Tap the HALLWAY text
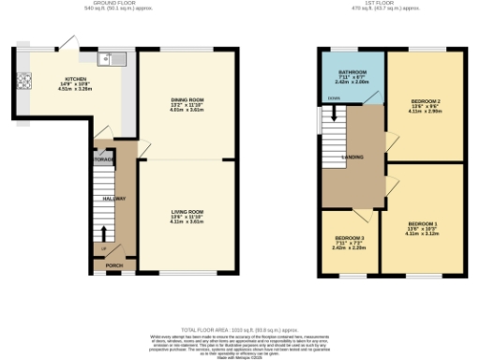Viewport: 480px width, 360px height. (114, 199)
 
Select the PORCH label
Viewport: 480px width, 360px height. (114, 265)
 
